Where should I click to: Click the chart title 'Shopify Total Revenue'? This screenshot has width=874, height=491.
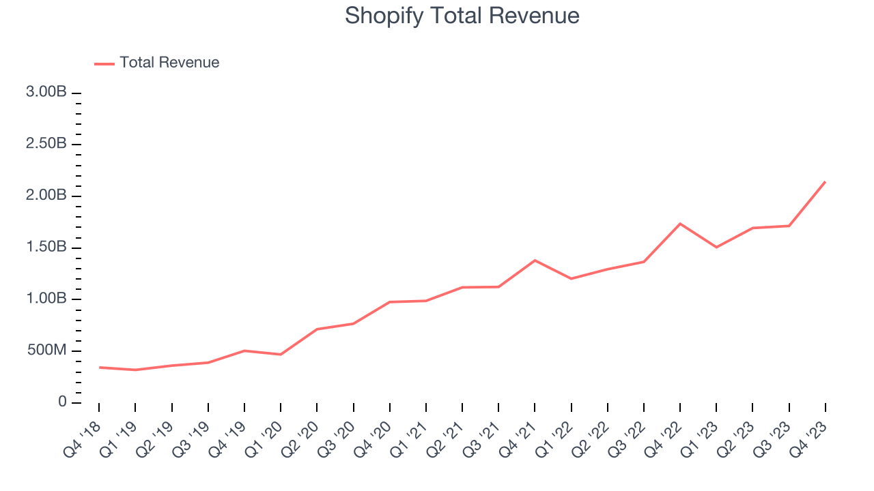tap(462, 16)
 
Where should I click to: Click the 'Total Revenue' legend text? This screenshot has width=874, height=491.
tap(169, 63)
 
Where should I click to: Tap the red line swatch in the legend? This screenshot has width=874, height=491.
tap(104, 63)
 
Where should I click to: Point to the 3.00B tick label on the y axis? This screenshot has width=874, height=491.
tap(46, 92)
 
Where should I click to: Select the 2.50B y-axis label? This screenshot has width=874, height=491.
tap(46, 144)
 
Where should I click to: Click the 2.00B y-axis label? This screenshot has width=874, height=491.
tap(46, 196)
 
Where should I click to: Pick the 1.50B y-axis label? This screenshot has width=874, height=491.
tap(46, 247)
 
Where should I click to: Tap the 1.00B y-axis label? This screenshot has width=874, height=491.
tap(46, 299)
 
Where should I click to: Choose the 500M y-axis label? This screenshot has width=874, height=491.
tap(46, 351)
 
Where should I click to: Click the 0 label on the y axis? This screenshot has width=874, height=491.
tap(62, 402)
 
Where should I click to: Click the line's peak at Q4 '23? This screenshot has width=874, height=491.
tap(825, 182)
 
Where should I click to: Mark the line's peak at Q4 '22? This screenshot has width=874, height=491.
tap(680, 224)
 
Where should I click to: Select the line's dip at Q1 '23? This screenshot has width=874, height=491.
tap(716, 247)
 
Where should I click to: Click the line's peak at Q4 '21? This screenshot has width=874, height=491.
tap(535, 260)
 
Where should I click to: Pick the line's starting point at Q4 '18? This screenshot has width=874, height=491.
tap(99, 368)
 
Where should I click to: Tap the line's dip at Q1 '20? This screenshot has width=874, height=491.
tap(281, 355)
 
